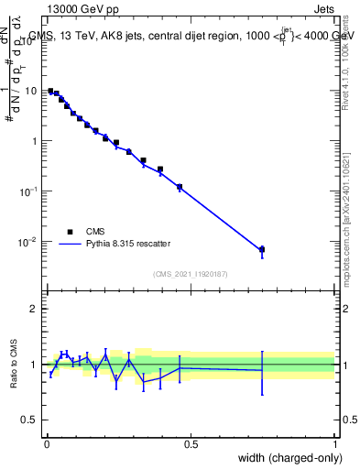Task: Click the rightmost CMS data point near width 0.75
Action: coord(262,249)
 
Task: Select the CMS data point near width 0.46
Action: coord(180,187)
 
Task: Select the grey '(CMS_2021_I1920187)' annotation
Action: coord(191,273)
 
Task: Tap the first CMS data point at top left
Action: coord(50,91)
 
